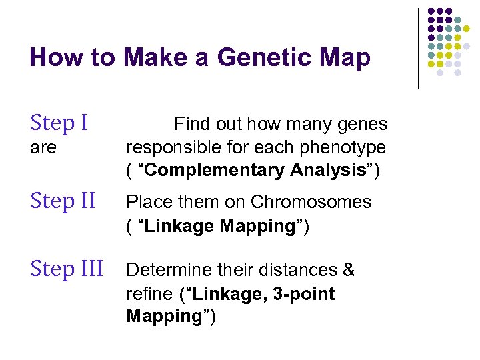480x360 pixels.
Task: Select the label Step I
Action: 59,123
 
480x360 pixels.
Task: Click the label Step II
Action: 64,200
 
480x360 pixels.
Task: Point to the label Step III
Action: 67,269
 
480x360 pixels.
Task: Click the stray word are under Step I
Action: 43,147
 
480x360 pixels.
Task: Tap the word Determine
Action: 168,270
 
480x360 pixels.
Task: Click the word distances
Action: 299,270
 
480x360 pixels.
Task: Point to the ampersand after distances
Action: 349,270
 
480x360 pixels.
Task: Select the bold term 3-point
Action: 303,294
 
